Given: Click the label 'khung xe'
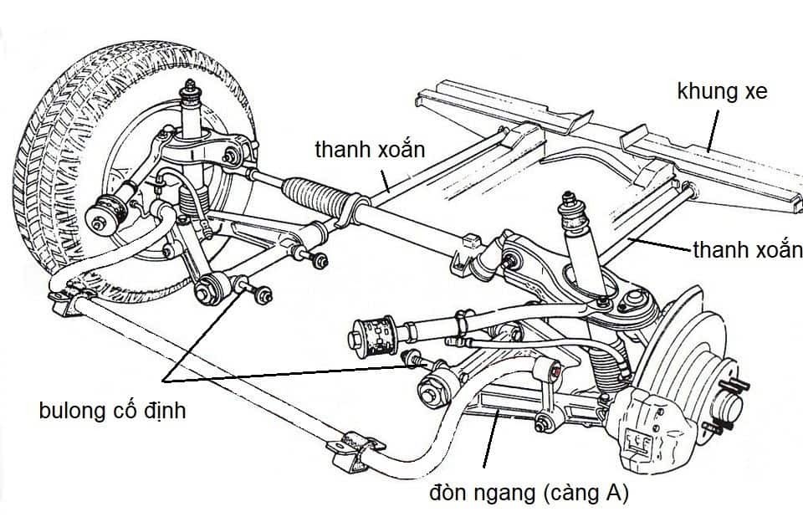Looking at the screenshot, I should coord(721,91).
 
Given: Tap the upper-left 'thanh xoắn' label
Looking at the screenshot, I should coord(371,150).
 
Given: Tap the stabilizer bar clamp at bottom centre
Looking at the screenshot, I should coord(355,448).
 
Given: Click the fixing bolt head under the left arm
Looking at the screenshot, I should coord(263,294).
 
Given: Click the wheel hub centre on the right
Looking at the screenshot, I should coord(728,408).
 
